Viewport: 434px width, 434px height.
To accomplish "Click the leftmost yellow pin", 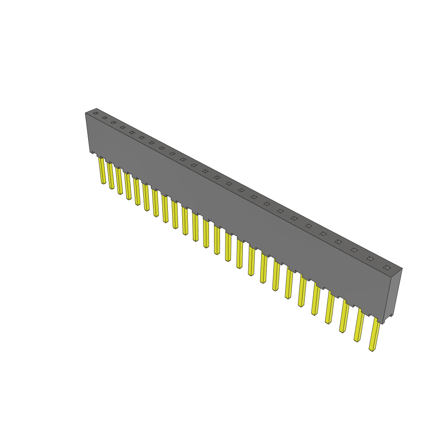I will coord(102,170).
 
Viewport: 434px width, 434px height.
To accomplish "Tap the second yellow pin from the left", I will coord(111,175).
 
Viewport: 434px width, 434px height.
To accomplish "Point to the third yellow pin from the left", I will coord(119,181).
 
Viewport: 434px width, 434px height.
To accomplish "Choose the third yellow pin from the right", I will coord(344,317).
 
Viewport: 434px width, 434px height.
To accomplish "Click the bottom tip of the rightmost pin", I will coord(372,350).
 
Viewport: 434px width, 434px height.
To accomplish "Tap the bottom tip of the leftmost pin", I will coord(103,183).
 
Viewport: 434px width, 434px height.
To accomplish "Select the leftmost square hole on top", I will coord(96,113).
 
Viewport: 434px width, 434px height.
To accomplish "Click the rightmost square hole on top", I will coord(387,267).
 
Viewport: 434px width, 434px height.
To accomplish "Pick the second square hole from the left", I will coord(104,118).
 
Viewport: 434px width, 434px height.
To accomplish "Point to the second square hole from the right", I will coord(370,259).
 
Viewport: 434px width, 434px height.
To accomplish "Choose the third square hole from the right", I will coord(354,250).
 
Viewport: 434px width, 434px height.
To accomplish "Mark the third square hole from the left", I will coord(113,122).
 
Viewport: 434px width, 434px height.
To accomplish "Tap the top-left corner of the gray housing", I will coord(86,113).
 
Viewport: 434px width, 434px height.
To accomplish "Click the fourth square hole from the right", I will coord(338,242).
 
